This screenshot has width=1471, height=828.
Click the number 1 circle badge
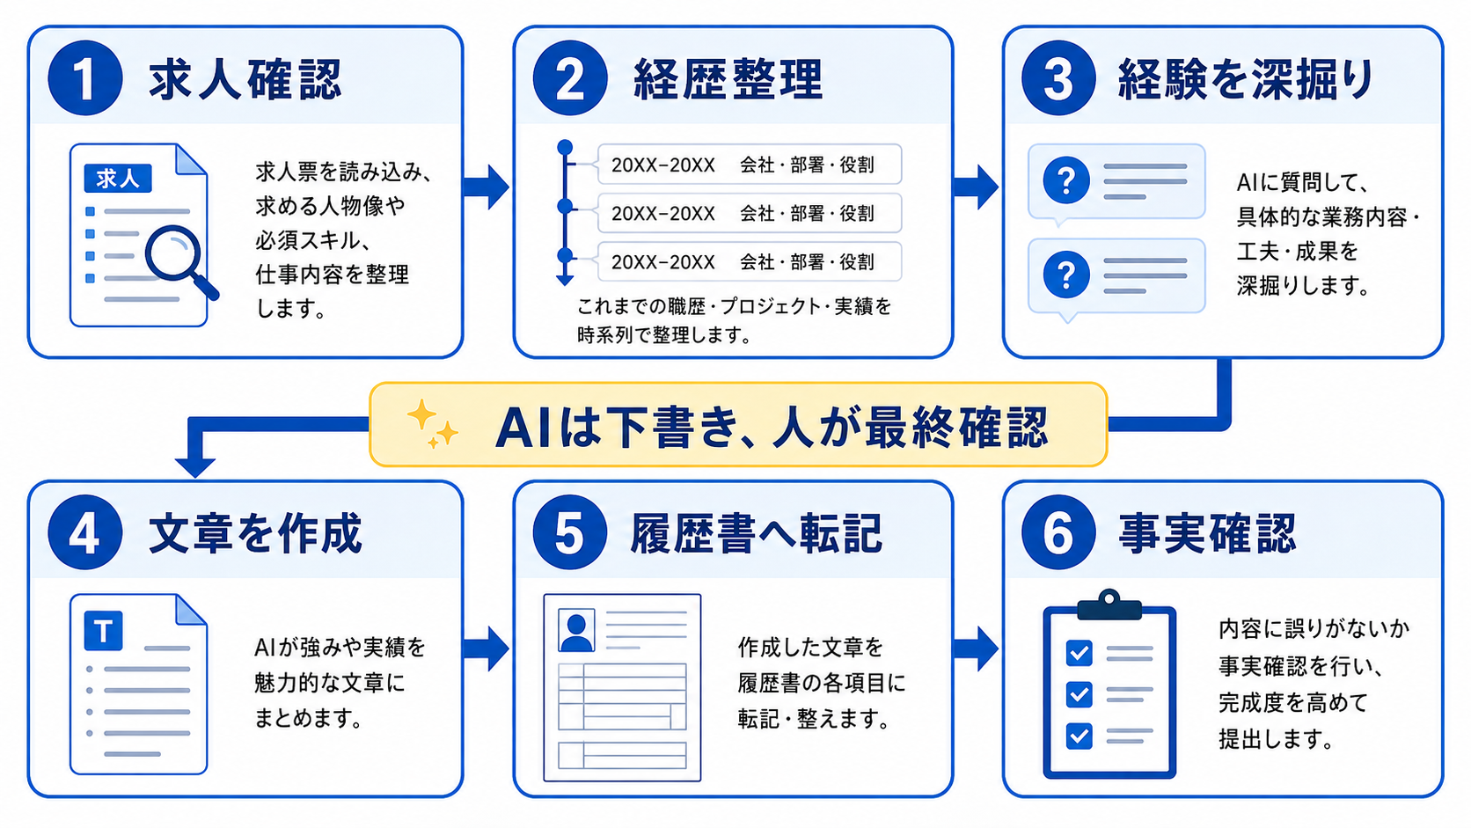coord(85,78)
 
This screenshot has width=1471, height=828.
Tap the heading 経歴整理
coord(728,79)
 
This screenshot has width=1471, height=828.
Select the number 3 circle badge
coord(1058,78)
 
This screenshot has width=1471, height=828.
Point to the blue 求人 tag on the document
coord(118,179)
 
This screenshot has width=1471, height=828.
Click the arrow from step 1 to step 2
coord(486,187)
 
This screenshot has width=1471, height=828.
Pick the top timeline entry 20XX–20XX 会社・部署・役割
coord(750,165)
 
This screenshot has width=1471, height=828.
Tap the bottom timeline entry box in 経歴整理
coord(750,261)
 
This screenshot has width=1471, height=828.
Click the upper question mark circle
coord(1066,180)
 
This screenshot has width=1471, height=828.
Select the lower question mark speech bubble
coord(1116,276)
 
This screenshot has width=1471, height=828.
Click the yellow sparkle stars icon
coord(432,424)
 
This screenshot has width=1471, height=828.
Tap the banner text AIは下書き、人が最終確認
coord(772,429)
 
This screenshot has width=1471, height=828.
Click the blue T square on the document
coord(104,630)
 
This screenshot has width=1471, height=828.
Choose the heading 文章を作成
coord(255,532)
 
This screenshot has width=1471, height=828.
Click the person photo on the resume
coord(576,630)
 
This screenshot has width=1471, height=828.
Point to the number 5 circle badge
coord(570,532)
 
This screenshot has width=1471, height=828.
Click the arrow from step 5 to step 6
coord(976,648)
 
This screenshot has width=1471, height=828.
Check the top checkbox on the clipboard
coord(1079,653)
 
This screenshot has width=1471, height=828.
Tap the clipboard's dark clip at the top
coord(1109,605)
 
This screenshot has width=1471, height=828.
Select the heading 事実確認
coord(1207,532)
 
